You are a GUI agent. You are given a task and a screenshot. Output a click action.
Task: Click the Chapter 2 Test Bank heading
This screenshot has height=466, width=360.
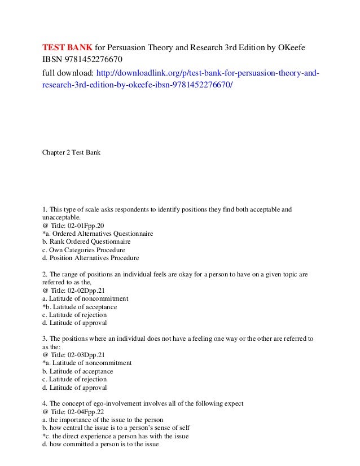[71, 152]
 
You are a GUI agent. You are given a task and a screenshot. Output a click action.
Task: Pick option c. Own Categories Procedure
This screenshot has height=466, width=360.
[84, 249]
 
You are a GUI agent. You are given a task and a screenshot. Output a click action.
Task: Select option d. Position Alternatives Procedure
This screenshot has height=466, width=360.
[90, 258]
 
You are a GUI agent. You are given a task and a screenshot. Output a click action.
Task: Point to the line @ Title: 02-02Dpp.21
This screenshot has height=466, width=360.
[73, 291]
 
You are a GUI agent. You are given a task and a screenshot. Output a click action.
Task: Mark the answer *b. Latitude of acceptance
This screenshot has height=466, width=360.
[80, 307]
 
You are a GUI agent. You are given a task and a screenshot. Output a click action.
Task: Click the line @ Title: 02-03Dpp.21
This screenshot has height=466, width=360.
[73, 355]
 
